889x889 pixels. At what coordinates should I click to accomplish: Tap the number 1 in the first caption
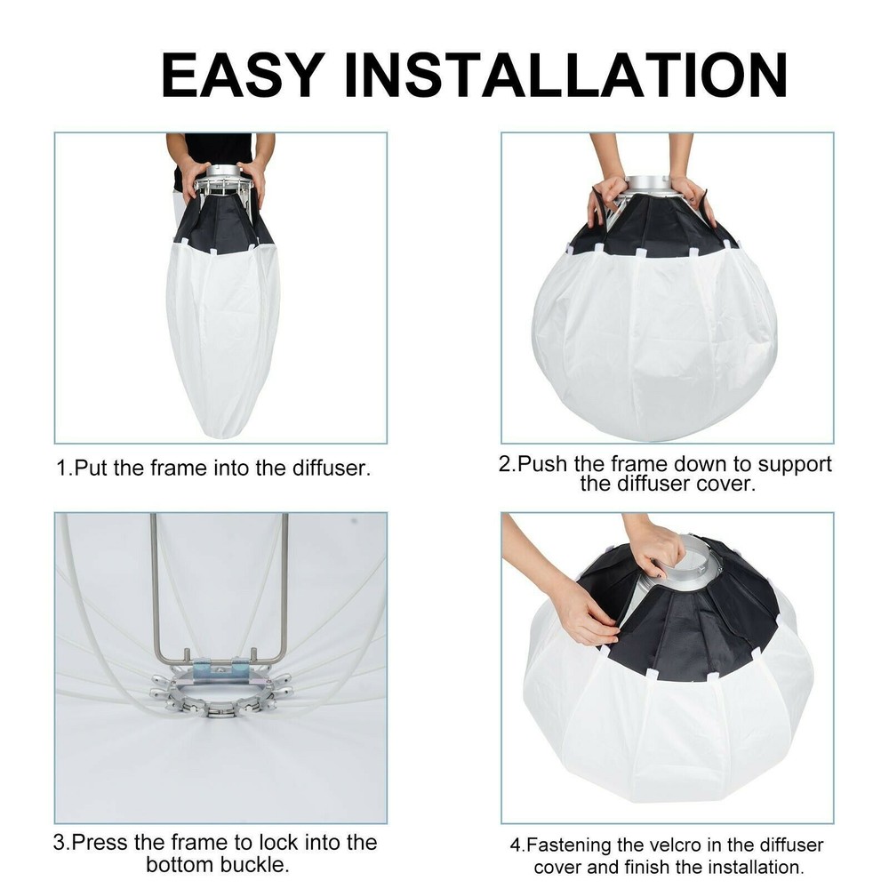click(61, 469)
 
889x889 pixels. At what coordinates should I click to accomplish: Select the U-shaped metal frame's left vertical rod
click(154, 587)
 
